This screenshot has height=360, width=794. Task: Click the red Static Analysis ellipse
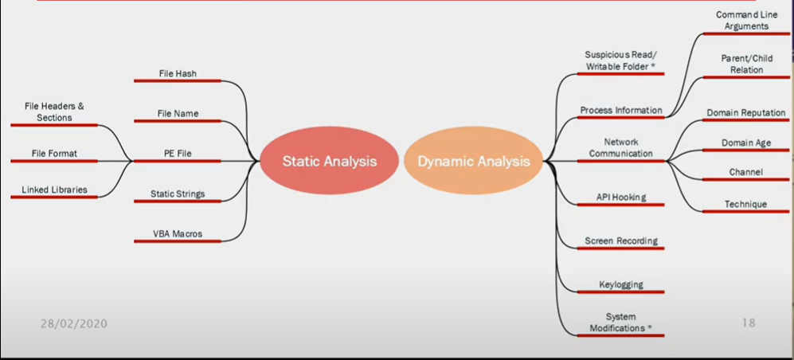click(x=329, y=161)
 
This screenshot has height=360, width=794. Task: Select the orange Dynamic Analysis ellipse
click(x=474, y=161)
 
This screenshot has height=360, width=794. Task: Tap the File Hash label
click(x=178, y=73)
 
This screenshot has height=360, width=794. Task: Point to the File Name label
click(x=178, y=113)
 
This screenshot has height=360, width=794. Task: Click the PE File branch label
click(x=178, y=154)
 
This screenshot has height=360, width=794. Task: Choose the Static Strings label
click(x=178, y=194)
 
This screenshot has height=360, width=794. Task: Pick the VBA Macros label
click(x=178, y=233)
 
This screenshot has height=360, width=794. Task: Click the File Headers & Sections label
click(x=54, y=112)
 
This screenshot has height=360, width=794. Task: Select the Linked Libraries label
click(x=54, y=190)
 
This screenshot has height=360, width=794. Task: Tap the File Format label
click(x=54, y=154)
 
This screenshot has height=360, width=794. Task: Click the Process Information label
click(x=621, y=110)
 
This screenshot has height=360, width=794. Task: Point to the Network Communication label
click(x=621, y=147)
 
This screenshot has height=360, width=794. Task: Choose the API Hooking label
click(x=621, y=197)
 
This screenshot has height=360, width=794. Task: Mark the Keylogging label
click(x=621, y=284)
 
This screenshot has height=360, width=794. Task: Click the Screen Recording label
click(x=621, y=241)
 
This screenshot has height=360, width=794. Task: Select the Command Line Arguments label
click(x=746, y=20)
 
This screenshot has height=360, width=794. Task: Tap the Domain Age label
click(x=746, y=143)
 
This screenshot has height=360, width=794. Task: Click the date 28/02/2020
click(x=74, y=323)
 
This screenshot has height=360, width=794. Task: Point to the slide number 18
click(x=749, y=323)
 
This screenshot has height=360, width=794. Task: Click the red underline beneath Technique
click(x=746, y=211)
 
